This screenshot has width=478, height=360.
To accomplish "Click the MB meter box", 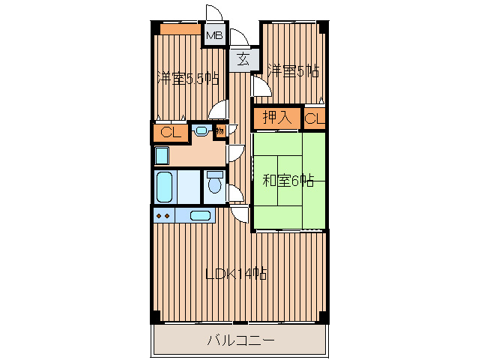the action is click(x=215, y=35).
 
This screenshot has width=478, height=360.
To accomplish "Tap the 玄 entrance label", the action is click(x=243, y=59).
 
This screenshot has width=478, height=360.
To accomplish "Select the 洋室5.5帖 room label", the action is click(x=188, y=79).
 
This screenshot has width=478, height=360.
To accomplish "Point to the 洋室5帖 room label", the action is click(x=293, y=70).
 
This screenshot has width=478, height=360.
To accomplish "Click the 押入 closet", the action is click(x=277, y=118).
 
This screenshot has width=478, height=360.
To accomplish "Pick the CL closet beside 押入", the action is click(x=315, y=118).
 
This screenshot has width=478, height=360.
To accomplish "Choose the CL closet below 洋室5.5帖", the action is click(x=171, y=133).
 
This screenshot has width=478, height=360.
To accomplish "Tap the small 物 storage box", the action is click(x=220, y=131).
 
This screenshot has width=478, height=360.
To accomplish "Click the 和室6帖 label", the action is click(x=288, y=181).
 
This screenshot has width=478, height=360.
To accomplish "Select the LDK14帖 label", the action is click(x=236, y=274).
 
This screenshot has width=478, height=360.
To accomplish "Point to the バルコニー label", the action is click(x=240, y=340).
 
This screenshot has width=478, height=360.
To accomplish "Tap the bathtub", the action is click(x=165, y=187).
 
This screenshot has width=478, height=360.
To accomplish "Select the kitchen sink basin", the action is click(x=200, y=216).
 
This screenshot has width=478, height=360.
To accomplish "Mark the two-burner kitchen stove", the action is click(x=163, y=216).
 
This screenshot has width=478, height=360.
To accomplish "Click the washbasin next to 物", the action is click(x=201, y=130).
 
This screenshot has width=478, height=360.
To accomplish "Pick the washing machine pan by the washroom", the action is click(x=162, y=155).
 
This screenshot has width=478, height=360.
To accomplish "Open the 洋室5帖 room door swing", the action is click(x=261, y=86).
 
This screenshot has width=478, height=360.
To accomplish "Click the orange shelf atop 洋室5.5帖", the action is click(x=181, y=29).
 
